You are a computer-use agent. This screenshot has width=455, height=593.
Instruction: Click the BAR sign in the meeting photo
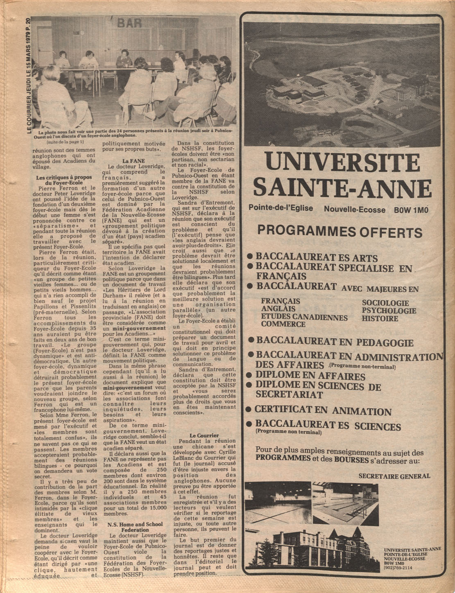coord(129,23)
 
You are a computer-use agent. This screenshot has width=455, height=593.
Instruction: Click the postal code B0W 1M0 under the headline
coord(411,210)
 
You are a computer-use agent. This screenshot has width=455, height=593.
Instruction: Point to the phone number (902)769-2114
coord(398,567)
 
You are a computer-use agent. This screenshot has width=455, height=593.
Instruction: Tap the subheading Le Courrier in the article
coord(204,435)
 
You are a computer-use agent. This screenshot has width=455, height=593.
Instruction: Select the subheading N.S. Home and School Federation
coord(135,527)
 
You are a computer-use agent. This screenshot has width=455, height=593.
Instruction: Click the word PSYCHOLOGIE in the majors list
coord(389,311)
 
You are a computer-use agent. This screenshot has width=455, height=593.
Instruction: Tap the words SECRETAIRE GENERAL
coord(394,476)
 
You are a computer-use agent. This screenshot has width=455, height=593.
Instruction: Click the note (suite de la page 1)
coord(65,142)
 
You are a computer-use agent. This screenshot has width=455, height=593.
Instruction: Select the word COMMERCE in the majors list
coord(283,324)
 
